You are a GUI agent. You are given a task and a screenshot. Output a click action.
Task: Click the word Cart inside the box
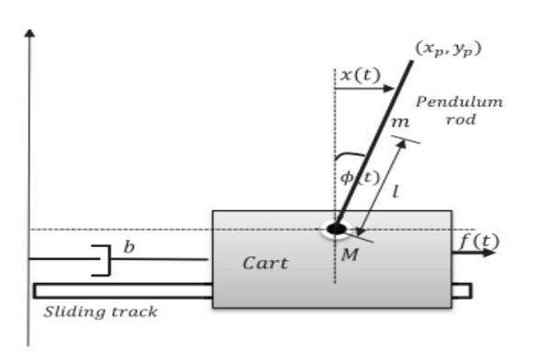pos(264,264)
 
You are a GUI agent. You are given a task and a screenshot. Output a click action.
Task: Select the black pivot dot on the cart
pos(336,227)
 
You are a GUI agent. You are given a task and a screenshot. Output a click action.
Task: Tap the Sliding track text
pos(101,311)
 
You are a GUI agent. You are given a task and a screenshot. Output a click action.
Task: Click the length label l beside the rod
pos(396,194)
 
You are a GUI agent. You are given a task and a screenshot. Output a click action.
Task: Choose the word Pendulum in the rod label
pos(459,102)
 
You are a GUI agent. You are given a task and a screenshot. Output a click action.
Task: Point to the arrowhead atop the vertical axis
pos(31,34)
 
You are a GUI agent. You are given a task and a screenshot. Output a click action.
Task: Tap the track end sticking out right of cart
pos(462,290)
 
